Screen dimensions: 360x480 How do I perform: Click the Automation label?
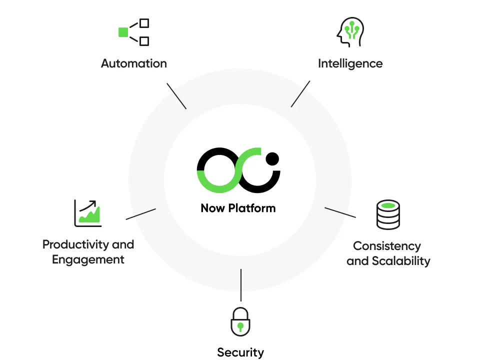(133, 63)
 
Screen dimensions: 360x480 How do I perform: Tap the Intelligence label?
(350, 63)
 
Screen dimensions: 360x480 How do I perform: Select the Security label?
(240, 352)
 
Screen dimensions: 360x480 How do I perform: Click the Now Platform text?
(238, 208)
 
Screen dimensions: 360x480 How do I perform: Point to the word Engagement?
(88, 259)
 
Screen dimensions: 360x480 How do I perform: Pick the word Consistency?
(387, 246)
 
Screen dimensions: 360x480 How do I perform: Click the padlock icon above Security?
(240, 322)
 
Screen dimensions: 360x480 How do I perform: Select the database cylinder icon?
(388, 214)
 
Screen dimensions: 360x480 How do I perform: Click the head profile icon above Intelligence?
(349, 31)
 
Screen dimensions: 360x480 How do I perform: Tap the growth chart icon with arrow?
(87, 213)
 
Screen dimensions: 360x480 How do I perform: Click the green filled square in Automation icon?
(123, 32)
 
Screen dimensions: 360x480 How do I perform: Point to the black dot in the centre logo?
(272, 159)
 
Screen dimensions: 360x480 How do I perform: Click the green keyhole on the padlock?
(240, 327)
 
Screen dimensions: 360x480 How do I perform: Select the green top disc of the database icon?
(388, 205)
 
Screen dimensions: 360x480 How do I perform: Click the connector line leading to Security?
(241, 285)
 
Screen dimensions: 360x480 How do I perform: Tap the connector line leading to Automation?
(176, 96)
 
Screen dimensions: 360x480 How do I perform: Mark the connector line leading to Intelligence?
(300, 94)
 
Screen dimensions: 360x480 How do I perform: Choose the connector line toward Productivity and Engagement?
(140, 214)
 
